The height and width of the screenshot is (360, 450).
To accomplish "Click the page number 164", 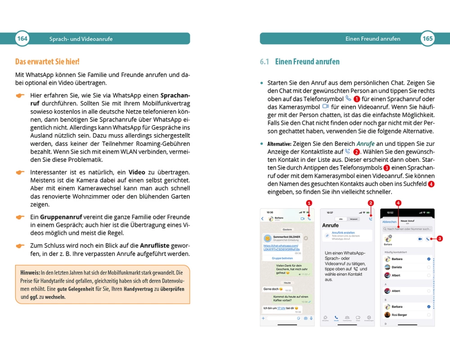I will point(22,39).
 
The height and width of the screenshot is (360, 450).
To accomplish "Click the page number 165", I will point(427,39).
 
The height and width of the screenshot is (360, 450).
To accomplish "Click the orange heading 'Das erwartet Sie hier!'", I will point(47,62).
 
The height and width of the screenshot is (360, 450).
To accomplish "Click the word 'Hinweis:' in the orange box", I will point(30,273).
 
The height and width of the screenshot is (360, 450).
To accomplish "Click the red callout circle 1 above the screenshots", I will point(309,203).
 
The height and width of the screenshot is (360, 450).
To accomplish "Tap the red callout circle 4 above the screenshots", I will point(398,203).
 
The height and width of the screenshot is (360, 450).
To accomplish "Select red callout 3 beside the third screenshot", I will point(440,238).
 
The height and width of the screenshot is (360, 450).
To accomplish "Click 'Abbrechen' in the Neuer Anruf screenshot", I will point(389,222).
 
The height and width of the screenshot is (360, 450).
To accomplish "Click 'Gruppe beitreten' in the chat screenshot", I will point(282,258).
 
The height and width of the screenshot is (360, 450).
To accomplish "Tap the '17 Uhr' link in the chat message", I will point(282,308).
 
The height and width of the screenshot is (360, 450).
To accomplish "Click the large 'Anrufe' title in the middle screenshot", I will point(331,225).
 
